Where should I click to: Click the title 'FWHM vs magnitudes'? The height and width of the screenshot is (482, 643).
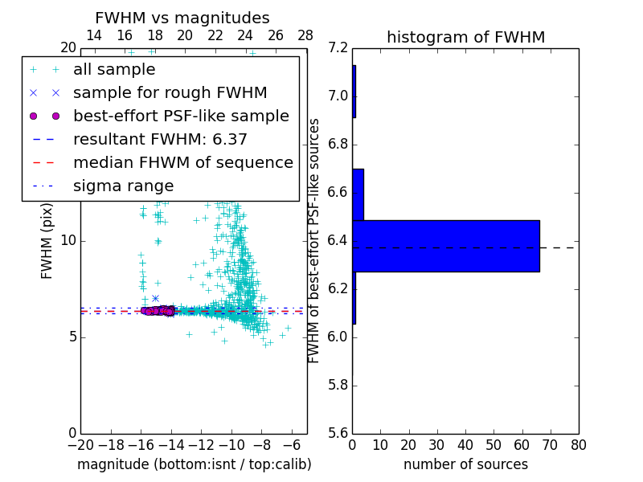point(182,18)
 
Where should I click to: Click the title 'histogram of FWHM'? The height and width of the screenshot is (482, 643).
point(465,37)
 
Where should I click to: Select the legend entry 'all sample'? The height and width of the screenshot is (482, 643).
point(114,70)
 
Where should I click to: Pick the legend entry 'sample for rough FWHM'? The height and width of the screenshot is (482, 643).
point(170,93)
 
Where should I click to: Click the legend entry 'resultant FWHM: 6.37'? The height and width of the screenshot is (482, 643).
point(160,140)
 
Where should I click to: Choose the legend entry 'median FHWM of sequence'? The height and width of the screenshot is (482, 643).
point(182,163)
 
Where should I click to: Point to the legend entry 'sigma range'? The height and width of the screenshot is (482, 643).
point(123,186)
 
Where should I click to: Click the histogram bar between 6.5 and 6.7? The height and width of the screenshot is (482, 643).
point(358,194)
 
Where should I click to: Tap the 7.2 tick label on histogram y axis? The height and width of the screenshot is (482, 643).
point(338,48)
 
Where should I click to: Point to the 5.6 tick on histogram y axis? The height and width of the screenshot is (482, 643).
point(338,433)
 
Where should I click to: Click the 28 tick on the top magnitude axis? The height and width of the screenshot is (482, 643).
point(305,35)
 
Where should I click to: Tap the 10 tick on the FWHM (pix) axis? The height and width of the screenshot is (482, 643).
point(68,241)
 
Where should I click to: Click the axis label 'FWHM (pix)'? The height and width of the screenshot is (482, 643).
point(47,240)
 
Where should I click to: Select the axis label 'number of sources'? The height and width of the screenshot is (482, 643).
point(465,464)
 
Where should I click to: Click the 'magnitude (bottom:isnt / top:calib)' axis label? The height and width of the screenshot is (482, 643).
point(194,464)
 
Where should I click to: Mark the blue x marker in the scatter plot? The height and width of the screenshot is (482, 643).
point(155,298)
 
